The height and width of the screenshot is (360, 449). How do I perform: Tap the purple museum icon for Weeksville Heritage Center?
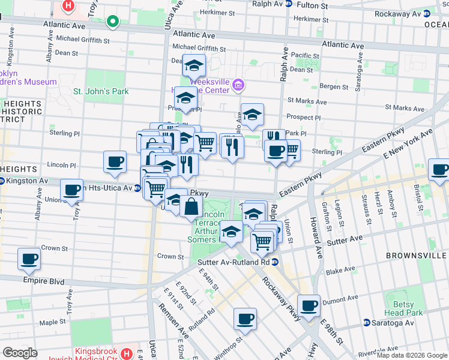[239, 86]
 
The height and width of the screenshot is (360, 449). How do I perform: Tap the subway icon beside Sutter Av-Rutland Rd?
[274, 262]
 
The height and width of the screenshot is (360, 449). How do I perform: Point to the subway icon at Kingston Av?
[2, 181]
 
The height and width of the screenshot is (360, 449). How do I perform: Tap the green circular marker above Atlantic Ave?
[112, 22]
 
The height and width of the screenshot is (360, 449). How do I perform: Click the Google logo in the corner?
[20, 352]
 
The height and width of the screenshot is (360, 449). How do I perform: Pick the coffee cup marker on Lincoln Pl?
[115, 161]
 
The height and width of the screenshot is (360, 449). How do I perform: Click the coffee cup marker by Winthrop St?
[245, 319]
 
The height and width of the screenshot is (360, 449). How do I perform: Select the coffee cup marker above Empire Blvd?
[29, 259]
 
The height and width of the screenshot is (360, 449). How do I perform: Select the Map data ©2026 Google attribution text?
[411, 355]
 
